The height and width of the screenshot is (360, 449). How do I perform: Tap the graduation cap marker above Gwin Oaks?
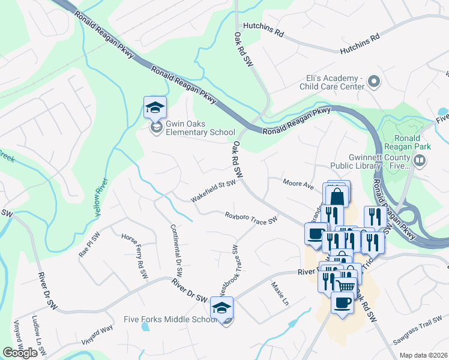[155, 108]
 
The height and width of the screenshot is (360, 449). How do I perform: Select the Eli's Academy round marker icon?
[374, 82]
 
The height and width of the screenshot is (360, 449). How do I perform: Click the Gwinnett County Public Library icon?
[420, 160]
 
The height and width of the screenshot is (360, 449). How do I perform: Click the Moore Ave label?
[299, 184]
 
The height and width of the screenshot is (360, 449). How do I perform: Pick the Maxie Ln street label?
[280, 294]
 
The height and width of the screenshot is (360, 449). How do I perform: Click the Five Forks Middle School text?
[170, 320]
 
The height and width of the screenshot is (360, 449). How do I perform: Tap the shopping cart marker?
[345, 287]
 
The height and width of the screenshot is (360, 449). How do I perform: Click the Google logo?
[20, 353]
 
